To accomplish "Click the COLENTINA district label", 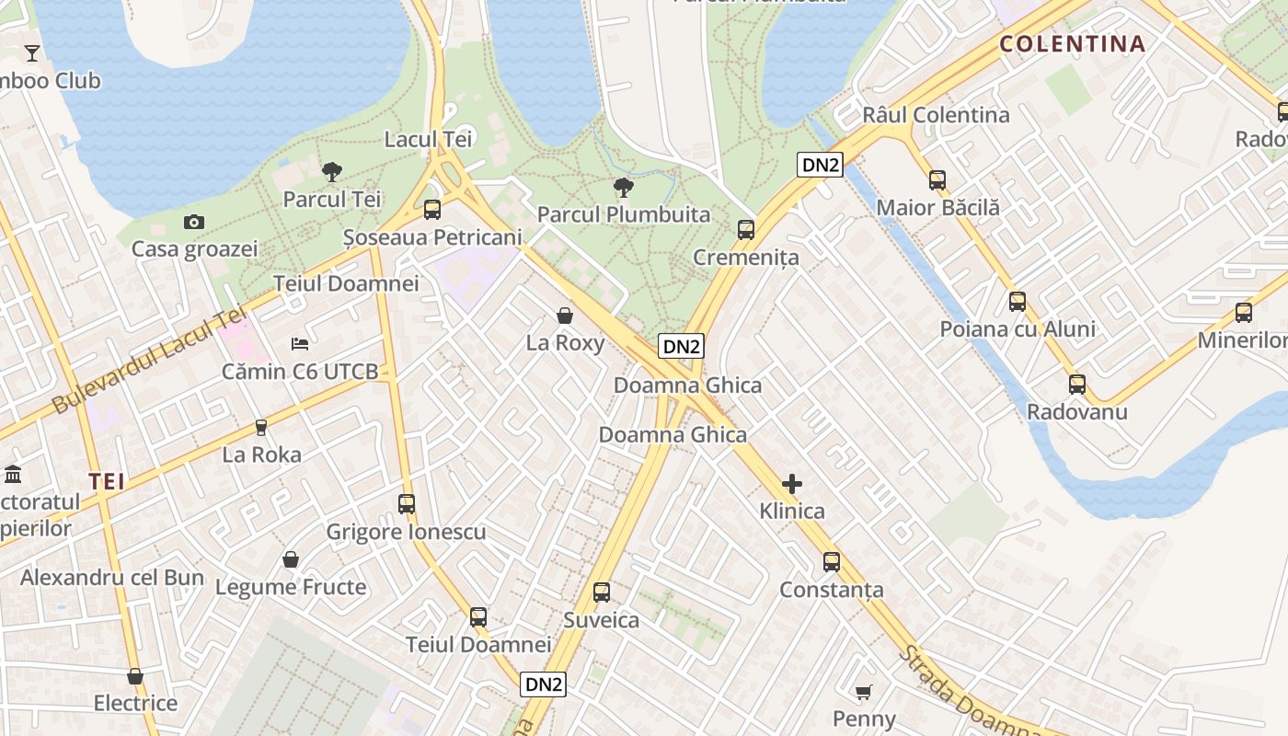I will coord(1072,43).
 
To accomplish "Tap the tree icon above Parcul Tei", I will coord(332,171).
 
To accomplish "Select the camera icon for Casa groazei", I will coord(193,222).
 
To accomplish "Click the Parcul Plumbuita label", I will coord(624,214).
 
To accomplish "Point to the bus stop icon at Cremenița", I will coord(746,229).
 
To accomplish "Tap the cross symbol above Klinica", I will coord(791,484).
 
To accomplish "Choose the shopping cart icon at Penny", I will coord(864,692).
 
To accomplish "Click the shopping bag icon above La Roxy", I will coord(565,316).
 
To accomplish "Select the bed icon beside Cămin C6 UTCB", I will coord(300,343).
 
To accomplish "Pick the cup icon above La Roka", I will coord(261,428).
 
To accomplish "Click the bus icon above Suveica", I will coord(602,592).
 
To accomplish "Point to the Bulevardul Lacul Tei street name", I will coord(144,362).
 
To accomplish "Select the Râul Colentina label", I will coord(936,115).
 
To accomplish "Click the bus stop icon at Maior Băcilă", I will coord(937,179).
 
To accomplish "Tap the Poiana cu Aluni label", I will coord(1018,329).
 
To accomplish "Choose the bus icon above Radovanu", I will coord(1077,384).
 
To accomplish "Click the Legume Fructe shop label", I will coord(291,587).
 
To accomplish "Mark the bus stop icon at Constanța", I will coord(832,561).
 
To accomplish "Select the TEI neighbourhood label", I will coord(107,480).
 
